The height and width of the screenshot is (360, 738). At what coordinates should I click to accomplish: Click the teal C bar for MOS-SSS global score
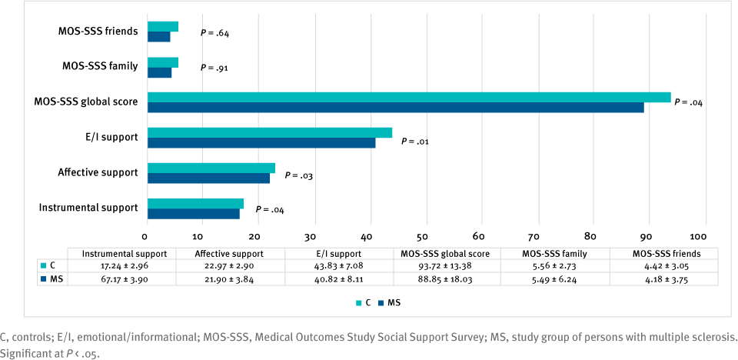(407, 97)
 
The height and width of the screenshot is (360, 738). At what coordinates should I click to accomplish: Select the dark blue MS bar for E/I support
(261, 143)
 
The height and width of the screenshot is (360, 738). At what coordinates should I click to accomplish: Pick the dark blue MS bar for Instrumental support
(193, 214)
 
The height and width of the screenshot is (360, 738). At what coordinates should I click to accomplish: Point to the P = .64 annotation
(214, 33)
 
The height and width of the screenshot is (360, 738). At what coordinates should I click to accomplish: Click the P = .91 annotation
(214, 68)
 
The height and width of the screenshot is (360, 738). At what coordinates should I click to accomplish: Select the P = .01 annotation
(416, 141)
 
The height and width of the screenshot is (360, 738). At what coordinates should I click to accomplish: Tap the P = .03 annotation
(299, 175)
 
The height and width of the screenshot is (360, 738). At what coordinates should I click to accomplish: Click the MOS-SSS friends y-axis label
(98, 32)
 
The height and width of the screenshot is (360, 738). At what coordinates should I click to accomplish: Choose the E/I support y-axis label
(112, 137)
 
